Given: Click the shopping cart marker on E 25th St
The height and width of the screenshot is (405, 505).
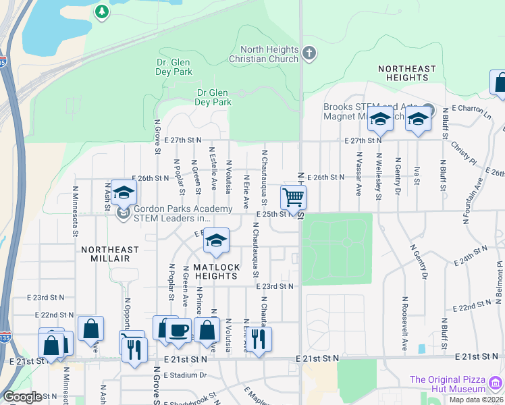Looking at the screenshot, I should (x=293, y=198).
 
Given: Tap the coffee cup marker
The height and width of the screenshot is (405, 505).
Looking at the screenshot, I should (x=179, y=330).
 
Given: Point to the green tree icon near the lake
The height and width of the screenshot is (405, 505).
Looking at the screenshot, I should (x=101, y=11).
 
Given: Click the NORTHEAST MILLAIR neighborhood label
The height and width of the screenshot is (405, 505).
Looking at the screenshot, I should (x=109, y=254).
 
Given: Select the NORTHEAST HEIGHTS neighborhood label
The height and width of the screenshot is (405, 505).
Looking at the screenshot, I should (x=406, y=74).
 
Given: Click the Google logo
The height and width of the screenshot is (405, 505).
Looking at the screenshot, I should (x=22, y=397).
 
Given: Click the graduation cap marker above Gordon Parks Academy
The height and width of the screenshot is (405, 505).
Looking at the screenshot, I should (x=124, y=193).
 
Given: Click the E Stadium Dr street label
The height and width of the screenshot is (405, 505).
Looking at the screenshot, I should (x=184, y=375).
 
